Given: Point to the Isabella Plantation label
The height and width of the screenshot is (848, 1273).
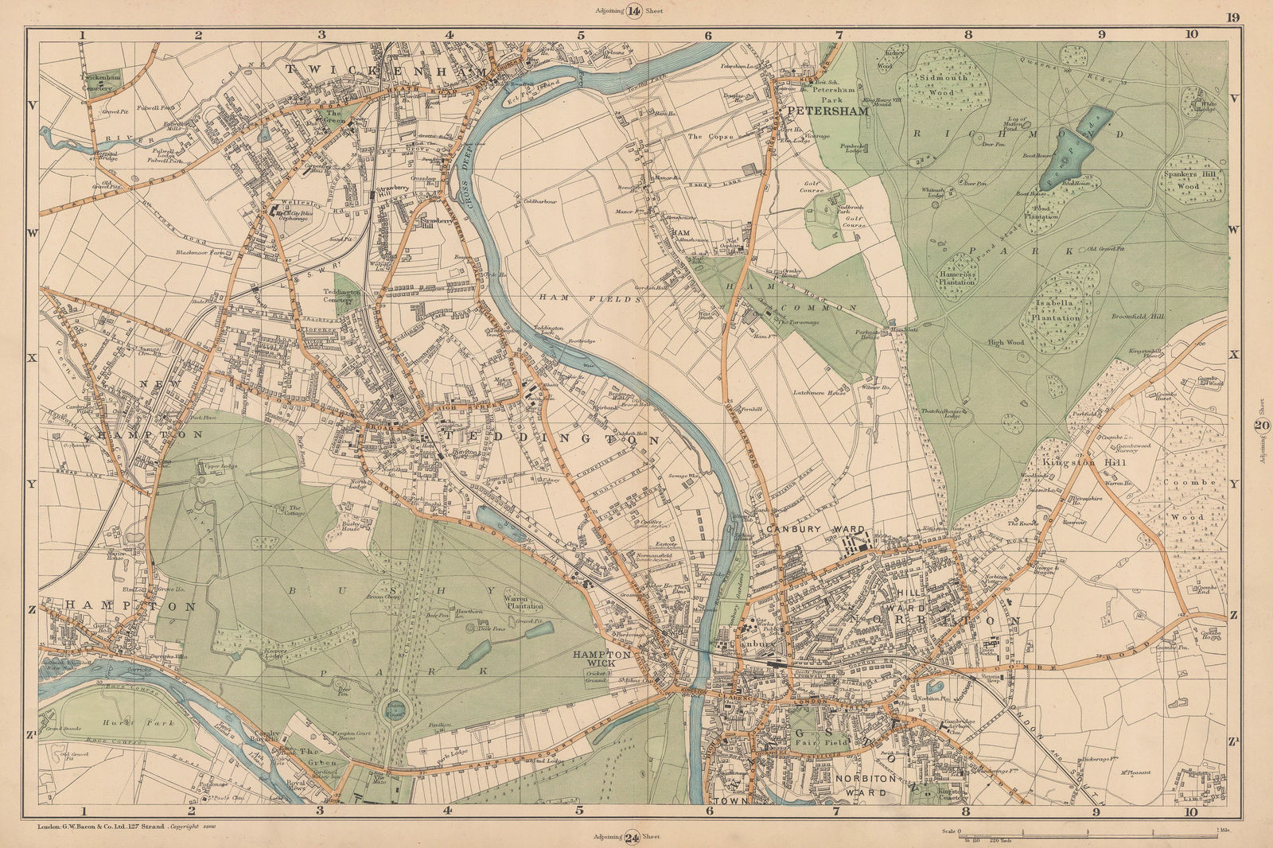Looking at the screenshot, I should pyautogui.click(x=1057, y=310).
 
